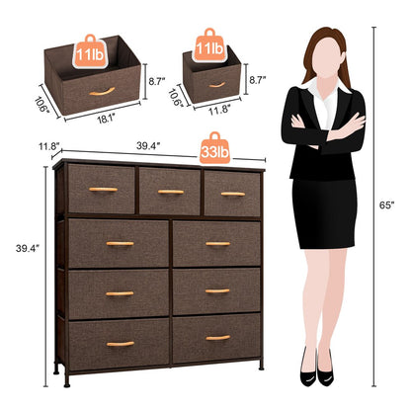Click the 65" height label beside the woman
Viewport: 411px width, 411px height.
click(387, 205)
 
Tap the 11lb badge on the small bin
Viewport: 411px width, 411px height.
click(209, 47)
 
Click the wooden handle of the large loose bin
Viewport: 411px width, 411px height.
click(98, 93)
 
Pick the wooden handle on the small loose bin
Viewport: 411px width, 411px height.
click(216, 84)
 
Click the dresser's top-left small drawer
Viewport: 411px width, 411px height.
click(102, 190)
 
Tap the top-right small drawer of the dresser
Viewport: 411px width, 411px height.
click(232, 192)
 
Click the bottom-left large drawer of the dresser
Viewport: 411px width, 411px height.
click(119, 343)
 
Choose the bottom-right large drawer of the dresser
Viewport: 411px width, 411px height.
click(217, 339)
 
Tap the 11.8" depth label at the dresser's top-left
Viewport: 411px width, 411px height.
click(48, 147)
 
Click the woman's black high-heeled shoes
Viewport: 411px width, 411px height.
click(318, 373)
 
